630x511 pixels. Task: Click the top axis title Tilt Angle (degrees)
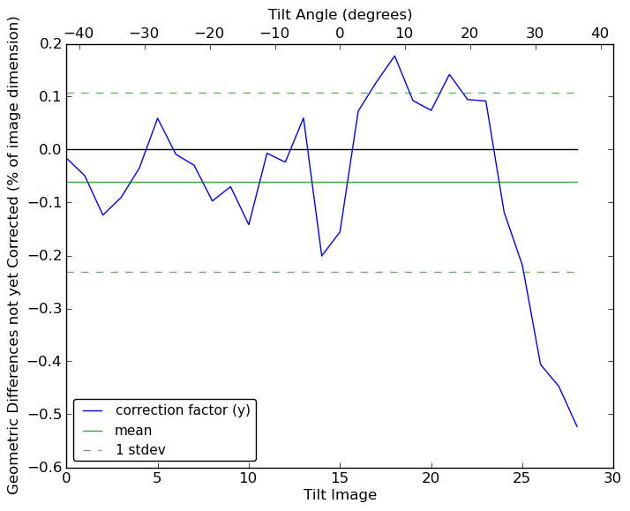coord(340,14)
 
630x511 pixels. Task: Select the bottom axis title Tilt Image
coord(340,495)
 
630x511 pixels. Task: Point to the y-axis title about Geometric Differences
coord(14,255)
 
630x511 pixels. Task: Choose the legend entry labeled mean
coord(133,431)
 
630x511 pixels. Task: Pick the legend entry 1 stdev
coord(140,450)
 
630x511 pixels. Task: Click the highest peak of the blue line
coord(394,56)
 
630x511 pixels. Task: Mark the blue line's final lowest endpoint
coord(577,427)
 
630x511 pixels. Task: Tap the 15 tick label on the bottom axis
coord(340,478)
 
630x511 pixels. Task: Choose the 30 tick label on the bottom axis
coord(613,478)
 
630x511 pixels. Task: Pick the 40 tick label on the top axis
coord(600,33)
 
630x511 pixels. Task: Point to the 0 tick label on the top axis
coord(340,33)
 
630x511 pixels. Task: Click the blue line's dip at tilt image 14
coord(321,256)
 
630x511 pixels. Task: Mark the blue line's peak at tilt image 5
coord(157,118)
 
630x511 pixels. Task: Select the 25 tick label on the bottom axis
coord(521,478)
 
